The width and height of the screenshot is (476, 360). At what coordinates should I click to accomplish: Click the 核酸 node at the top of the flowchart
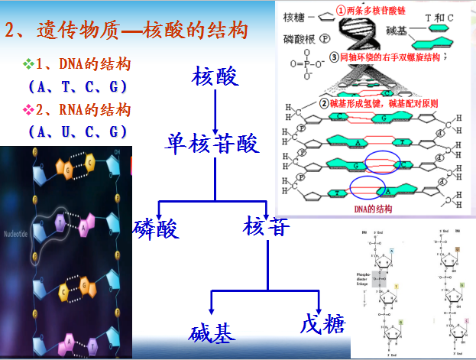[217, 77]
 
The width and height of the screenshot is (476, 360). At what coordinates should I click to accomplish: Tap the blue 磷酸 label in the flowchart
[156, 227]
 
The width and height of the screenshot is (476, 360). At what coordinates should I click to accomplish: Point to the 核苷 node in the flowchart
[267, 226]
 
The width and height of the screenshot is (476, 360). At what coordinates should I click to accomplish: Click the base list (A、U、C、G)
[76, 131]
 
